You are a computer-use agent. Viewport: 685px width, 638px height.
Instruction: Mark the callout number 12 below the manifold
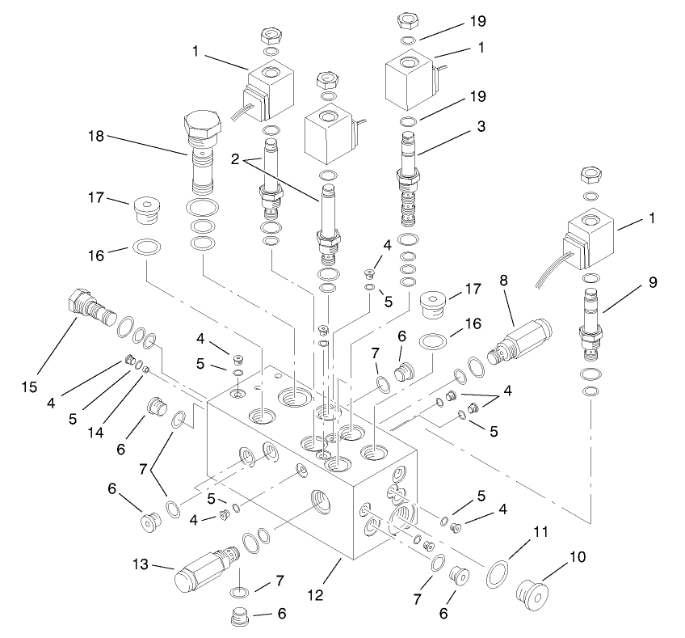[x=316, y=595]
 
